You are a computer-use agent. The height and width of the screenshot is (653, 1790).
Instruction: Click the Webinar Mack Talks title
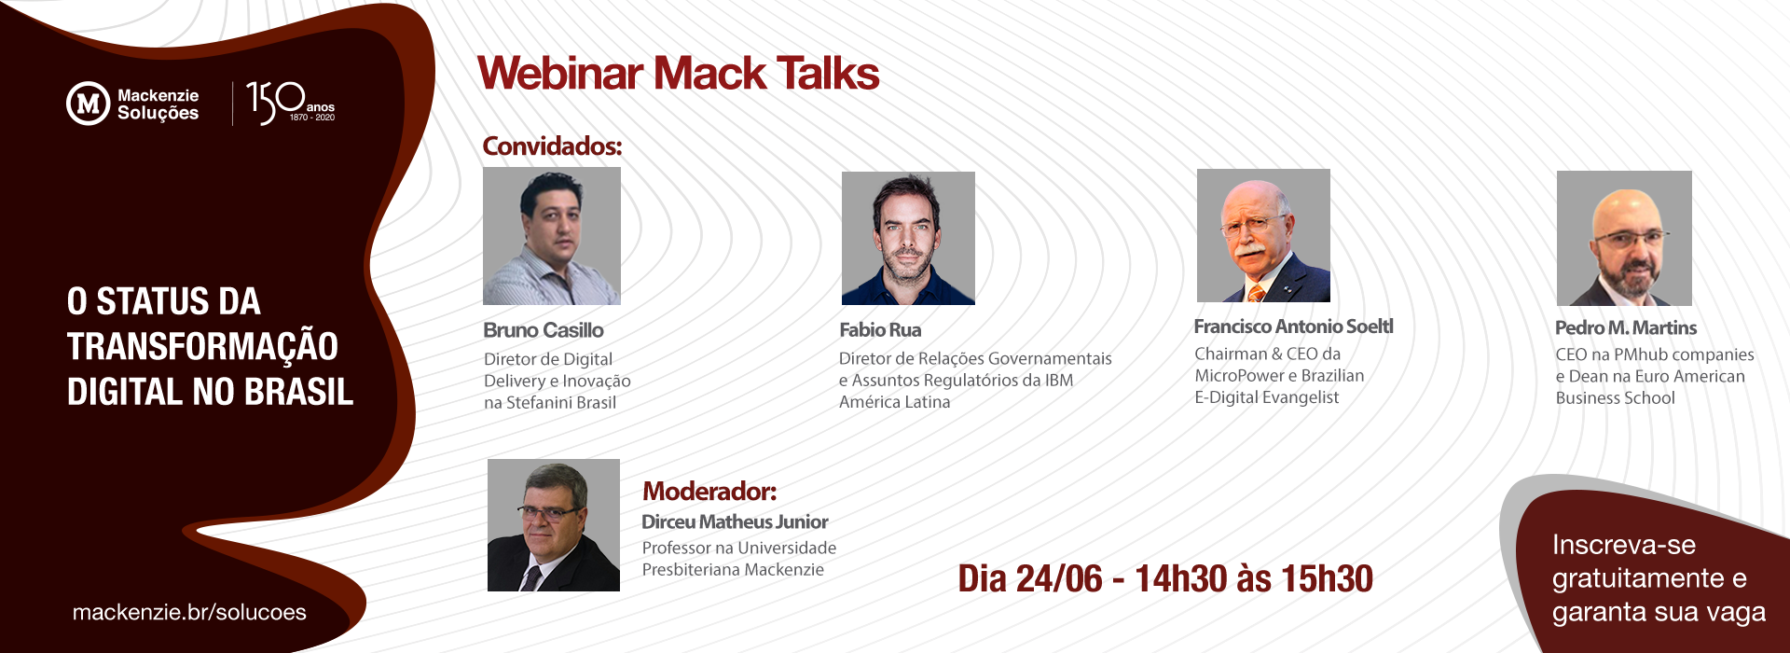(x=678, y=74)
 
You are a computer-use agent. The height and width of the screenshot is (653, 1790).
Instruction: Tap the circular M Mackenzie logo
(x=89, y=104)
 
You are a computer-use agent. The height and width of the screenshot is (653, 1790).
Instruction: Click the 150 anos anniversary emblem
(x=290, y=103)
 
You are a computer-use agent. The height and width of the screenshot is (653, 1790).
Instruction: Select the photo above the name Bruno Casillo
(x=552, y=236)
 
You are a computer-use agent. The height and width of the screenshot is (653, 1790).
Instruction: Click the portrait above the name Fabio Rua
(x=908, y=238)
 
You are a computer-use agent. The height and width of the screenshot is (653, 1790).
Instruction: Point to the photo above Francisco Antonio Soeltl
(x=1263, y=235)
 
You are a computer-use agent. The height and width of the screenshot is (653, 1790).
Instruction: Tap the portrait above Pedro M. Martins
(x=1624, y=238)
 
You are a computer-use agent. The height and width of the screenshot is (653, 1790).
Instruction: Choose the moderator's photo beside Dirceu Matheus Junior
(x=554, y=525)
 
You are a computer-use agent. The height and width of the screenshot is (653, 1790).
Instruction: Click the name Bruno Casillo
(x=544, y=330)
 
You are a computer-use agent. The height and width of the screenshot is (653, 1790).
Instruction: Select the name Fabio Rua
(x=880, y=330)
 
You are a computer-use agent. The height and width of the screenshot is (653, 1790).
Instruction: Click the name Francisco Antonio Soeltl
(x=1294, y=326)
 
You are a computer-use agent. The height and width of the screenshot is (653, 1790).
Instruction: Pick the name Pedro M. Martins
(x=1626, y=328)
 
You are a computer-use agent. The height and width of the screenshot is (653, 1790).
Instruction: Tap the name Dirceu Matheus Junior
(x=735, y=522)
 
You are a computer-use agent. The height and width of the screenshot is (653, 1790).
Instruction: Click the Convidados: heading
(x=552, y=146)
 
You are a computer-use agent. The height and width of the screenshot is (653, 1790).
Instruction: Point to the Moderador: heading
(x=709, y=492)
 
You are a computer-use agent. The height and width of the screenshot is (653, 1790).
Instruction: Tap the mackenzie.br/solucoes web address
(x=189, y=612)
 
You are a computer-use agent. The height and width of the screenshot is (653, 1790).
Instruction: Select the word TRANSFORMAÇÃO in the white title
(x=202, y=346)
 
